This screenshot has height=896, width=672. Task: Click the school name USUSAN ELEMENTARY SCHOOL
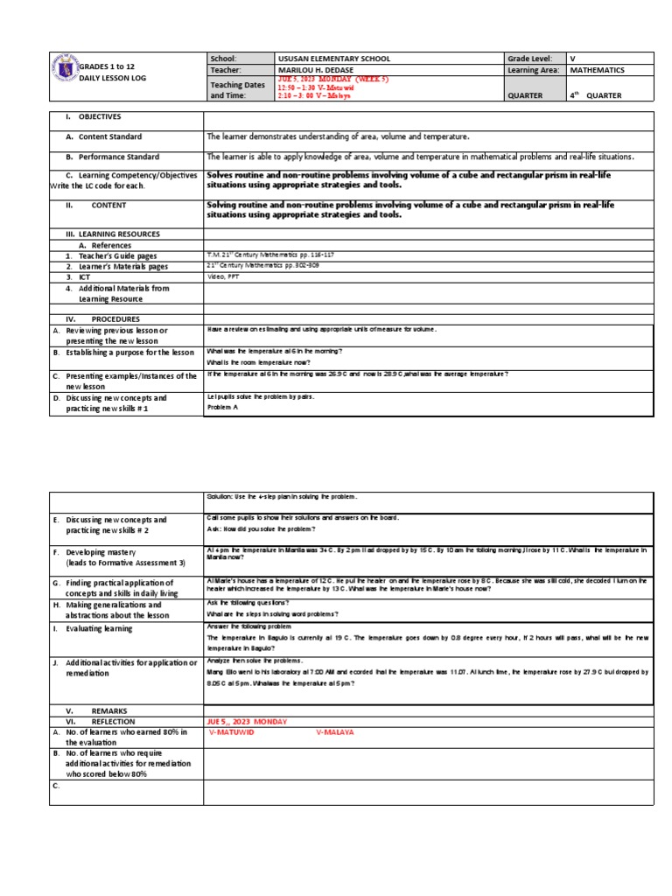click(x=321, y=59)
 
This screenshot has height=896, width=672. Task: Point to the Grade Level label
click(x=529, y=59)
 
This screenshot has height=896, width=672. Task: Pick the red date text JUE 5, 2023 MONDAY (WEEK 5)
click(x=332, y=79)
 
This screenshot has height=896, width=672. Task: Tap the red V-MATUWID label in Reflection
click(x=232, y=732)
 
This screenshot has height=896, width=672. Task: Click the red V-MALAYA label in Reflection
click(x=334, y=732)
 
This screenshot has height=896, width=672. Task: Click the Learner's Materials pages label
click(x=118, y=266)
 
